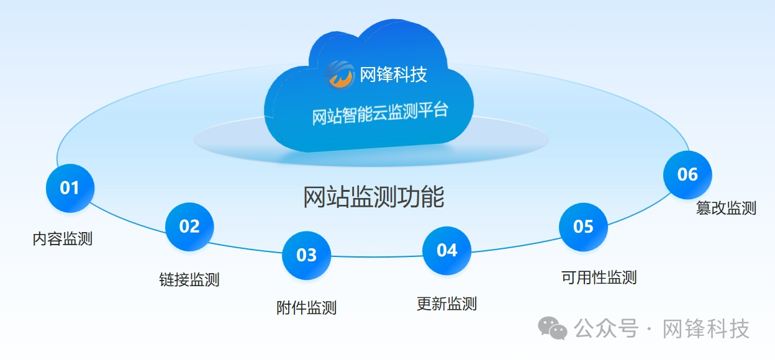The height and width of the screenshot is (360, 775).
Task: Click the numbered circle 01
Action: (70, 188)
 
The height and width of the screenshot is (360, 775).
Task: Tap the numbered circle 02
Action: (189, 227)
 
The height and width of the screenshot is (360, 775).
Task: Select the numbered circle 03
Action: (307, 256)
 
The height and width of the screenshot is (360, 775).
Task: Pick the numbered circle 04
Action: (447, 251)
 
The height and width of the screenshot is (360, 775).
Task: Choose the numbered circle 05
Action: (583, 227)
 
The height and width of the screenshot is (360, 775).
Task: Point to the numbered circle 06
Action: (688, 174)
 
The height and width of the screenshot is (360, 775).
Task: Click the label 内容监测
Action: (63, 239)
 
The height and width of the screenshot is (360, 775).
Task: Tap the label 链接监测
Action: (189, 279)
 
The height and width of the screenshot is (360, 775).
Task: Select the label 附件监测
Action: (307, 307)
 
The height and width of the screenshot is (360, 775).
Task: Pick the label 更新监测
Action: (447, 304)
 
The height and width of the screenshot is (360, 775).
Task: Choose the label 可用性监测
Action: (599, 277)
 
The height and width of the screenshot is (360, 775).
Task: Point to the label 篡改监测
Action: (726, 208)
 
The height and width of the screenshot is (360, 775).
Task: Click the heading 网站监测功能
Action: (374, 197)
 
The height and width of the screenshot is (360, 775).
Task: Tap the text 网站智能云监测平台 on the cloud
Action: (380, 114)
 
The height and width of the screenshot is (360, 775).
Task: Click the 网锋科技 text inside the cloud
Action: (393, 74)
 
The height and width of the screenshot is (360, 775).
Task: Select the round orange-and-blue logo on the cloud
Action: (340, 75)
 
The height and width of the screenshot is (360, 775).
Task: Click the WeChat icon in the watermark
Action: (553, 328)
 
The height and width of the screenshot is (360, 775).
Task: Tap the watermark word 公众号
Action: (606, 328)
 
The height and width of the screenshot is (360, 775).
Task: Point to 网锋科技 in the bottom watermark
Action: (706, 328)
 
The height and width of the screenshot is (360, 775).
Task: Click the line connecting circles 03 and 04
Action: (377, 256)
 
